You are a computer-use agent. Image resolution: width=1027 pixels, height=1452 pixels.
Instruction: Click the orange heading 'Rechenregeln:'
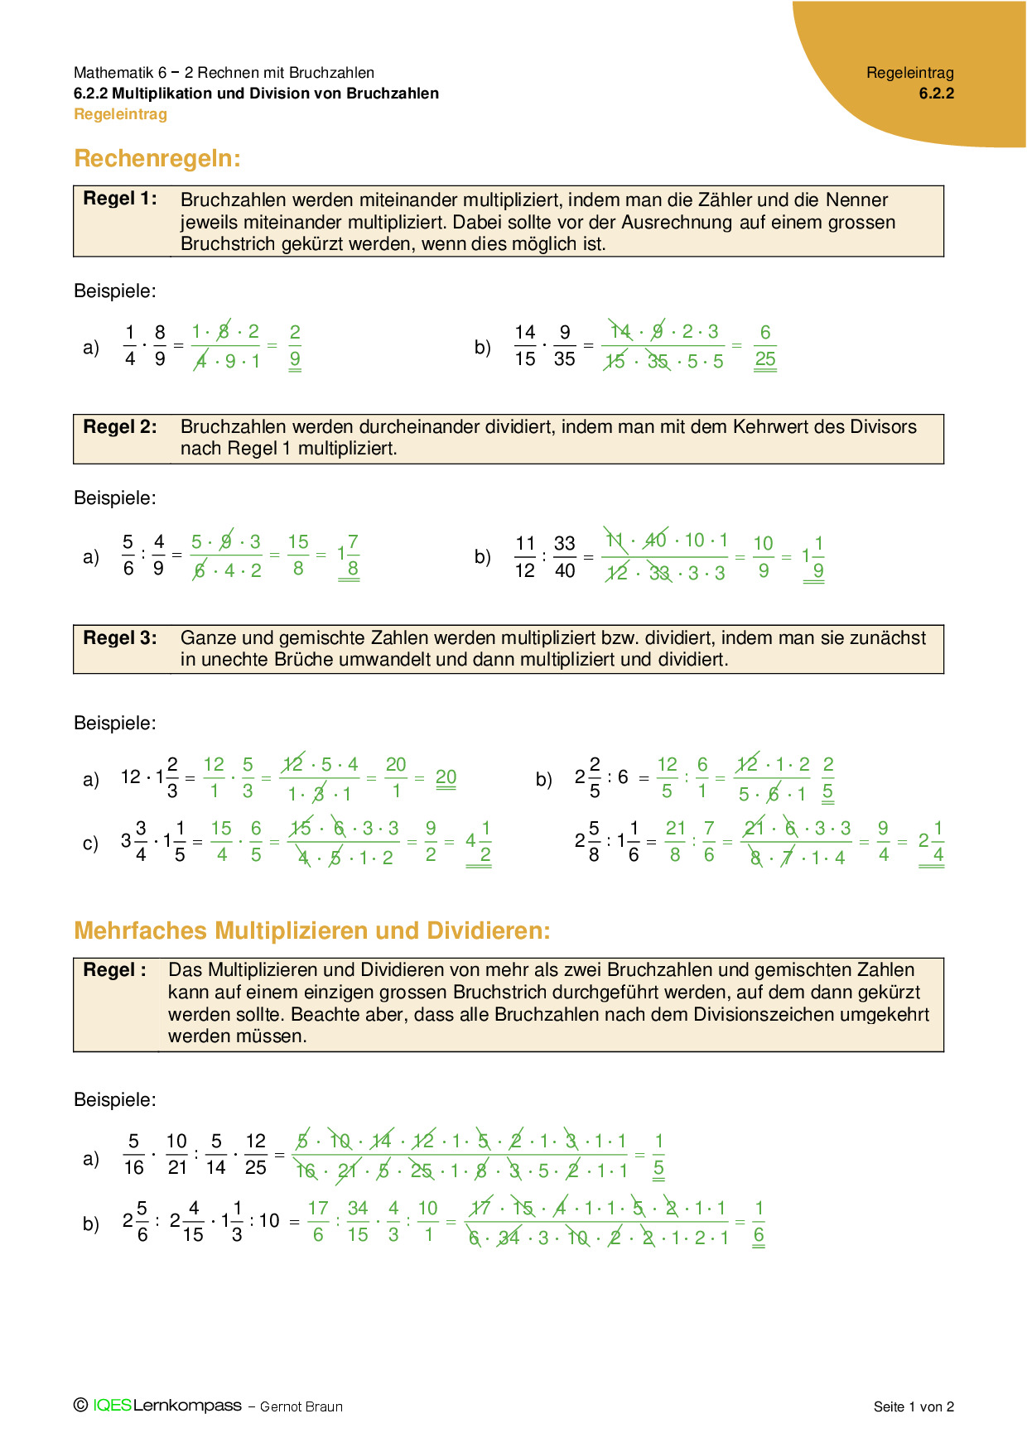click(157, 158)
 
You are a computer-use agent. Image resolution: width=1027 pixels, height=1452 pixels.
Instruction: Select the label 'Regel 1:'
click(120, 199)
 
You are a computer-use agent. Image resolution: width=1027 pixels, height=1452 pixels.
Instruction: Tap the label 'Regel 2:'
click(120, 427)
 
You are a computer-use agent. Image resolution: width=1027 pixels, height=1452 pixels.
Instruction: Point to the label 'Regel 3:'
click(120, 638)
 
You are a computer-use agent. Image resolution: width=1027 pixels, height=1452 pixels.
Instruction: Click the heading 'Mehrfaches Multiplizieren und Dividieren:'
click(312, 930)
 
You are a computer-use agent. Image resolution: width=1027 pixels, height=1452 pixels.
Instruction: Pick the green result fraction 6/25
click(765, 346)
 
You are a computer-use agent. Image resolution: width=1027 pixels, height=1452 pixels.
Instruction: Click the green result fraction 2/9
click(295, 346)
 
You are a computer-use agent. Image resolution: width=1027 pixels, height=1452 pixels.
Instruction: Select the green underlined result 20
click(446, 777)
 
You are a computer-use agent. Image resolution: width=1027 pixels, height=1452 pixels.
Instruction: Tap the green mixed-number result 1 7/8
click(349, 555)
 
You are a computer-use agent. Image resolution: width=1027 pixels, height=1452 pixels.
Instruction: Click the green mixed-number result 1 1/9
click(813, 557)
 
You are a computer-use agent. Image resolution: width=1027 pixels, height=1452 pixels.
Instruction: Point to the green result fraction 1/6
click(759, 1222)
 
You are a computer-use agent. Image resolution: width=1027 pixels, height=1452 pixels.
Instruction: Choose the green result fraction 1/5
click(658, 1155)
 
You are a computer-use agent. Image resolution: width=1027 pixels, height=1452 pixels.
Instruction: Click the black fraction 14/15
click(525, 346)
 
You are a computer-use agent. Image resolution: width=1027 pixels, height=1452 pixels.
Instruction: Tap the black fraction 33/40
click(565, 557)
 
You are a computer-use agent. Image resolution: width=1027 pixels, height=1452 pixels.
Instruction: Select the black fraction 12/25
click(256, 1155)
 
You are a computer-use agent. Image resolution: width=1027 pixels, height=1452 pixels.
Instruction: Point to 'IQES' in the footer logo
click(112, 1406)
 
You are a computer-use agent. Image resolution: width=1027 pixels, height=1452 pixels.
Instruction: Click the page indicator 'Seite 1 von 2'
click(914, 1406)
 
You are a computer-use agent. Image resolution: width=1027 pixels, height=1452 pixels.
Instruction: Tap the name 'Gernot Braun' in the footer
click(301, 1406)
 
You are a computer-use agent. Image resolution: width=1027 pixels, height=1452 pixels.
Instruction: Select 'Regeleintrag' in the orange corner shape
click(910, 73)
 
